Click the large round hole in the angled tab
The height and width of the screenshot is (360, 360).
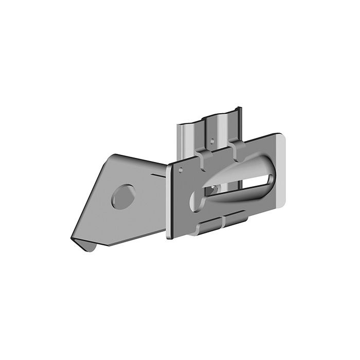pyautogui.click(x=123, y=196)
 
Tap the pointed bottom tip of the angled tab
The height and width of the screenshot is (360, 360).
pyautogui.click(x=73, y=238)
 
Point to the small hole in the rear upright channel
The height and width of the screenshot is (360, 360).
pyautogui.click(x=212, y=139)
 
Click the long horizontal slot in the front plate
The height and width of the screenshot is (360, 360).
pyautogui.click(x=242, y=185)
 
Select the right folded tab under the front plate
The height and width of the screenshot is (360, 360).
pyautogui.click(x=236, y=221)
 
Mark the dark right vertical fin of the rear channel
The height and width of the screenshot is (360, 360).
pyautogui.click(x=239, y=123)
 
